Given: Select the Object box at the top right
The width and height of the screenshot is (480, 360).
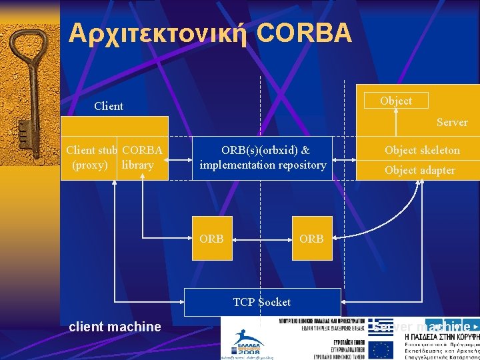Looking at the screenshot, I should (395, 101).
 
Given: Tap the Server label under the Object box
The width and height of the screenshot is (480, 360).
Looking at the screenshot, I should (452, 123).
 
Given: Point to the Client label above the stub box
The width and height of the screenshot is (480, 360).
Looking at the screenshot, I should (109, 106).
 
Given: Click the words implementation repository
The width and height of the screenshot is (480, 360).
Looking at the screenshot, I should (263, 165).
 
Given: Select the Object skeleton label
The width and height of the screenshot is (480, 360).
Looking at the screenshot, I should (422, 150).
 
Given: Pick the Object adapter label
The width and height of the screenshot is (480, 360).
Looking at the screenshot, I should (420, 170).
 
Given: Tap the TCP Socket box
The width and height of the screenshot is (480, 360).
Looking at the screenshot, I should (262, 302).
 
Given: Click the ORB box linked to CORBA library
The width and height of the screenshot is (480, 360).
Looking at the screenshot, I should (212, 238).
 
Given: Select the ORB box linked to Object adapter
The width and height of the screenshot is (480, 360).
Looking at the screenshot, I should (312, 238).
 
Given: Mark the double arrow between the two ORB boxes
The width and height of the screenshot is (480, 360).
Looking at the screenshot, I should (263, 238).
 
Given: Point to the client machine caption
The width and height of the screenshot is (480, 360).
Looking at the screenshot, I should (115, 327).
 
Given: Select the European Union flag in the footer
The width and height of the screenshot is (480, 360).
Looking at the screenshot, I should (382, 349).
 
